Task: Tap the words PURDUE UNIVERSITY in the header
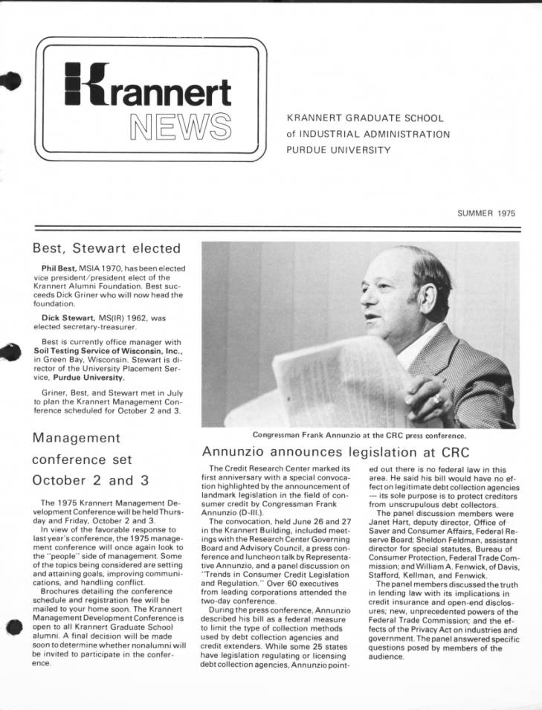click(x=338, y=150)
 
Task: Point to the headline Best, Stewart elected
click(x=106, y=248)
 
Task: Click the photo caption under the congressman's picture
click(x=360, y=435)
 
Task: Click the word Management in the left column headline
click(x=76, y=437)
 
